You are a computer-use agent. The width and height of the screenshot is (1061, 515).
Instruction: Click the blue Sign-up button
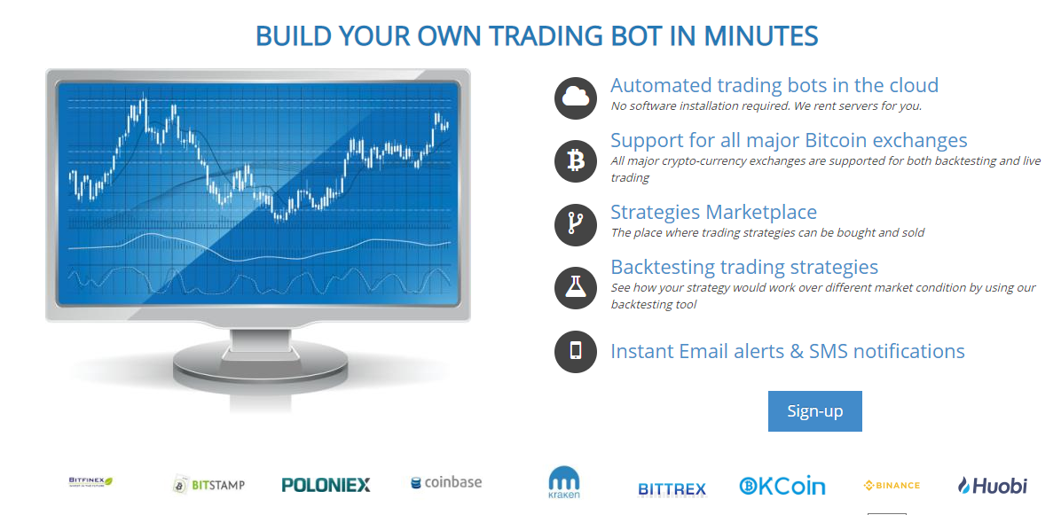click(814, 411)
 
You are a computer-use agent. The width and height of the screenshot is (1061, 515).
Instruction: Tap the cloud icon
click(576, 98)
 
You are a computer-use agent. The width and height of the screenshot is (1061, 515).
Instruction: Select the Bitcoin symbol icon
click(576, 160)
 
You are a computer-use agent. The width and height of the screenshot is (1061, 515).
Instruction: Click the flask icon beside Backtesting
click(576, 288)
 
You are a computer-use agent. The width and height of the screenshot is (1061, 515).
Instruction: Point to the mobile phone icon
click(576, 351)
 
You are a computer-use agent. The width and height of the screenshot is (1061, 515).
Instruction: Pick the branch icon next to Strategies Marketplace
click(576, 224)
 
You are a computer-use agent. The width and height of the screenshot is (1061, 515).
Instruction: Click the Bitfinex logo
click(90, 482)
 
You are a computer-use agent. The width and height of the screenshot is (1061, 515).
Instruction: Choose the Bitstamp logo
click(208, 485)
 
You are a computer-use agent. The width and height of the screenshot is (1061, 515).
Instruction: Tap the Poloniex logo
click(326, 485)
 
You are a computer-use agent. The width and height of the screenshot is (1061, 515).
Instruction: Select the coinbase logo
click(446, 482)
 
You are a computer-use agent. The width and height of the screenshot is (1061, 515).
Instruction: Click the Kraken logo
click(563, 482)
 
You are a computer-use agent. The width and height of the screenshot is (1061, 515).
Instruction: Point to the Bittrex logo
click(672, 489)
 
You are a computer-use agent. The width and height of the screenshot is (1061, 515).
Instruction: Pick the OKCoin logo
click(782, 486)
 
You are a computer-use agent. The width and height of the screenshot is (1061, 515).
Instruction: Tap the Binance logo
click(892, 485)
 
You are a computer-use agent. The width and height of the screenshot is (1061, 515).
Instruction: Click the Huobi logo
click(993, 485)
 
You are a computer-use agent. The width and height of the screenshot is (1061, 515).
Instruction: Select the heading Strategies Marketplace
click(714, 212)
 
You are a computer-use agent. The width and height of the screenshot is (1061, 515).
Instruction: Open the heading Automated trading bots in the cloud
click(774, 85)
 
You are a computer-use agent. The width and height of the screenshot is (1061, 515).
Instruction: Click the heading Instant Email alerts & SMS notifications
click(788, 351)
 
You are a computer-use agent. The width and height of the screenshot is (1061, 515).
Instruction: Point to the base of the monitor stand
click(260, 365)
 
